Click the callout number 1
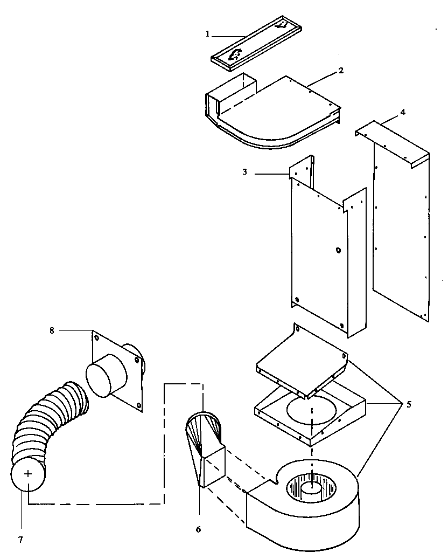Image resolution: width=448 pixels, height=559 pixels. click(x=207, y=33)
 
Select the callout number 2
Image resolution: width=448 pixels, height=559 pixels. click(x=341, y=71)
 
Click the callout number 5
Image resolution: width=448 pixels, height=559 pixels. click(x=409, y=404)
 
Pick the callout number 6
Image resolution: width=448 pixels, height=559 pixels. click(x=198, y=529)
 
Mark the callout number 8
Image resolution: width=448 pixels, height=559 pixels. click(x=52, y=330)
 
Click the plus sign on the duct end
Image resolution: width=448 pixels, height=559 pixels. click(x=28, y=474)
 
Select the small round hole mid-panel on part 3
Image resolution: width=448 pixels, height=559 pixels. click(x=338, y=251)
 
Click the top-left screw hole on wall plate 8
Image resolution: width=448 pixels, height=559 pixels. click(x=97, y=339)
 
